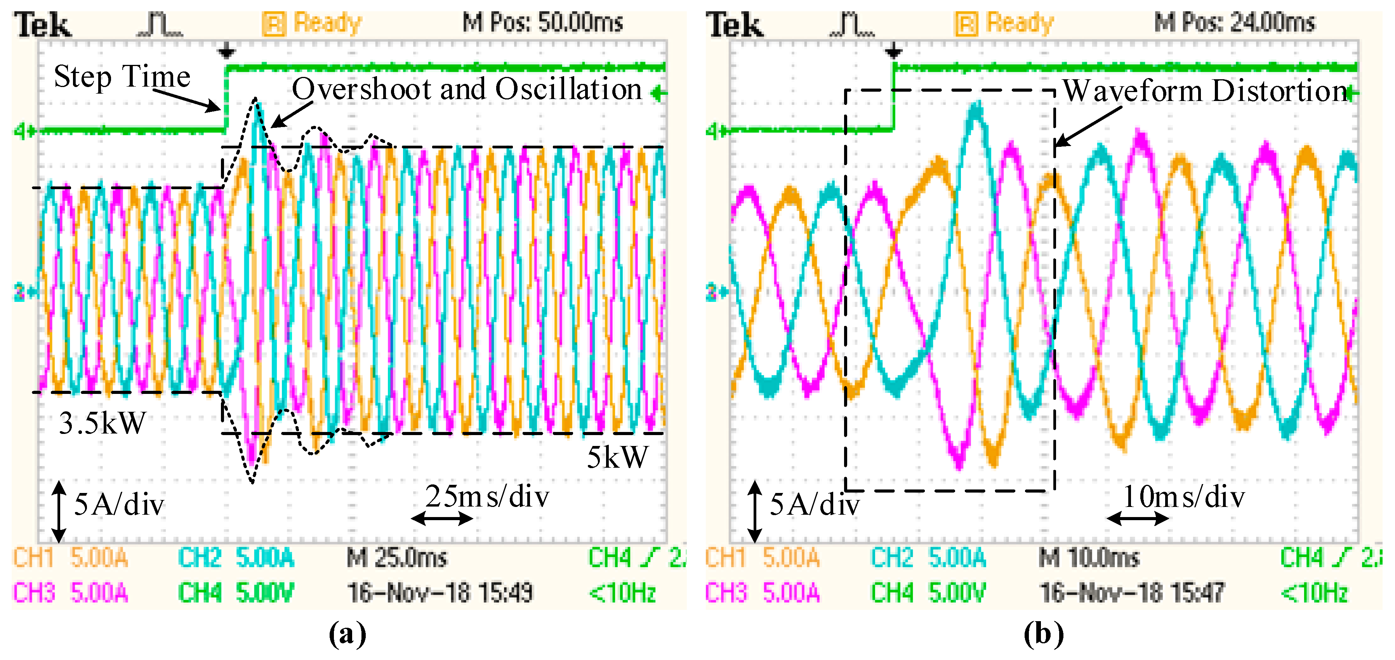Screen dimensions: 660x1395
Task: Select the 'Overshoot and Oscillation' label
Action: (467, 89)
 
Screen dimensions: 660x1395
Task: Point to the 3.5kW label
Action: (102, 423)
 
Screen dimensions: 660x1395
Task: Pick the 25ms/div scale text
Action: (487, 496)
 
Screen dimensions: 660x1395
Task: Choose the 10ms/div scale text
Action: (1184, 496)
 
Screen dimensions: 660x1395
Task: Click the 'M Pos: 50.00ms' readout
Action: (543, 23)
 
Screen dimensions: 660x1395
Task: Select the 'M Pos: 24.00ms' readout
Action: (1235, 23)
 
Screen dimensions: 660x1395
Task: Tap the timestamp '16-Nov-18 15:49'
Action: (440, 592)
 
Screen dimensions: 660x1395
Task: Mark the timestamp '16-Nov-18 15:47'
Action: (1132, 592)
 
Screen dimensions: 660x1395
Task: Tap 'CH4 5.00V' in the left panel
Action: (236, 592)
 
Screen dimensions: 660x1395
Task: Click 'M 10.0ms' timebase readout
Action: (1089, 557)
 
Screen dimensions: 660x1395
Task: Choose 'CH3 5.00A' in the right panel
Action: (763, 592)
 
